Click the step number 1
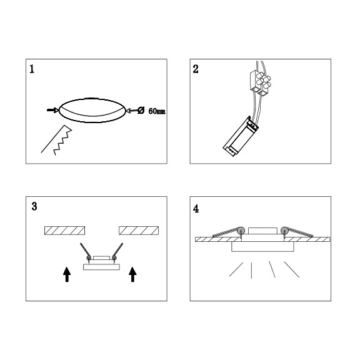coord(32,69)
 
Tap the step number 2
coord(196,69)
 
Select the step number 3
coord(34,206)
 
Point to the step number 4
coord(196,209)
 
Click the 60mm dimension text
coord(157,111)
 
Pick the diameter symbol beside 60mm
coord(141,111)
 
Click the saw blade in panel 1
coord(56,140)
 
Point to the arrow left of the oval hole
coord(52,111)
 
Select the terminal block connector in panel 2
coord(261,83)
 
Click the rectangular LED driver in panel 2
coord(241,137)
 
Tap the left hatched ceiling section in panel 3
coord(65,231)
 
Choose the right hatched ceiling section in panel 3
coord(139,231)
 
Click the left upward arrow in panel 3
coord(67,274)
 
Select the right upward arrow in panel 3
coord(132,274)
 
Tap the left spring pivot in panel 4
coord(241,230)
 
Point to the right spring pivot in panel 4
coord(284,230)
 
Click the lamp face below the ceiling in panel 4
coord(262,247)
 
